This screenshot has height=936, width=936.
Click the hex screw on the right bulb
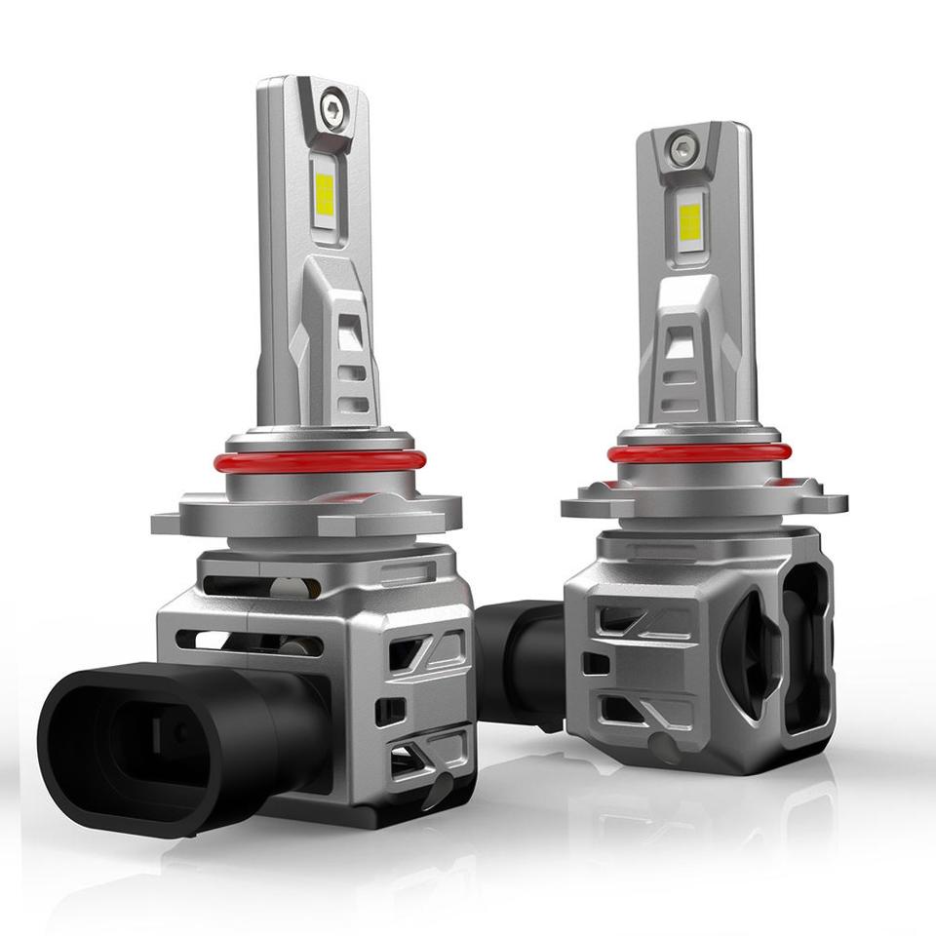[679, 148]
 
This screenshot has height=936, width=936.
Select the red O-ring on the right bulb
[698, 452]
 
